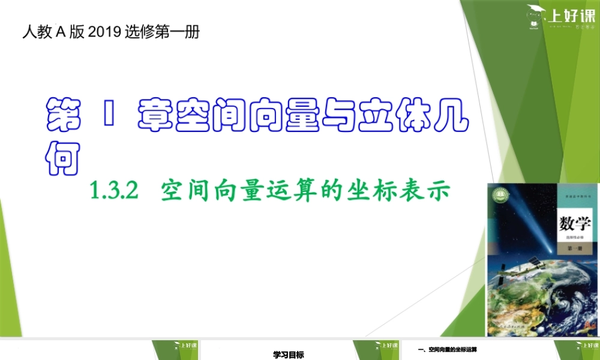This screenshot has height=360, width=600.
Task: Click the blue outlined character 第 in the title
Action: point(64,114)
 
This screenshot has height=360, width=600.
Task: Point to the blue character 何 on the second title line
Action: point(63,157)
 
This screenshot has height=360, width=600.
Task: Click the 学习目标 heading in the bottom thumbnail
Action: point(289,355)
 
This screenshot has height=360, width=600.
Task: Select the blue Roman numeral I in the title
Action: point(108,114)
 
